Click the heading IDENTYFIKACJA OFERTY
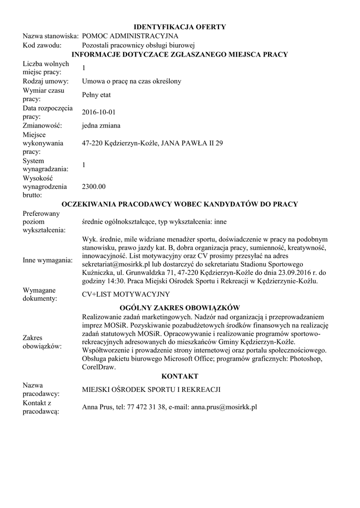pos(180,27)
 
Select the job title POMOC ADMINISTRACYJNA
pos(130,36)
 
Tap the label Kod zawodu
pos(42,45)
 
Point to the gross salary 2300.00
pos(94,187)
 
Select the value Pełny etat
pos(96,94)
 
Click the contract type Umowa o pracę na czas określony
pos(132,81)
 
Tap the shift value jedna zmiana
pos(101,126)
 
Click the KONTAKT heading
pos(180,377)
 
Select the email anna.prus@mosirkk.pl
pos(224,407)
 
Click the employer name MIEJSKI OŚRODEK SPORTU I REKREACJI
pos(151,389)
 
